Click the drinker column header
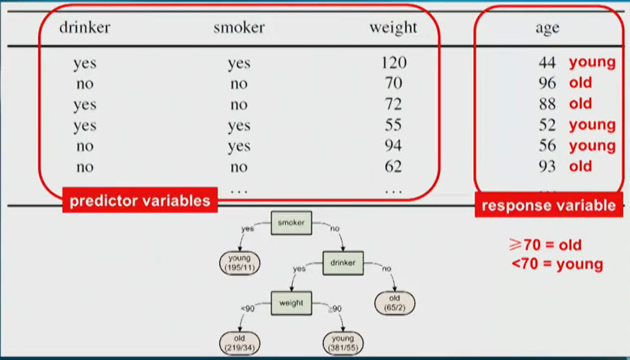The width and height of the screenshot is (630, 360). click(x=85, y=28)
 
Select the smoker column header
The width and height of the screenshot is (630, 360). click(x=239, y=28)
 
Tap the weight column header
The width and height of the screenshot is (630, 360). click(x=393, y=28)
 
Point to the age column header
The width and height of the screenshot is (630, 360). click(x=547, y=28)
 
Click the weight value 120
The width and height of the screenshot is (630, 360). click(x=393, y=62)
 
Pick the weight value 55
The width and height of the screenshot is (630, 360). click(x=393, y=126)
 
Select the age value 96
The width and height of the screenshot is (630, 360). click(x=547, y=83)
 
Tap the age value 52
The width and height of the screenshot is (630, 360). click(x=547, y=126)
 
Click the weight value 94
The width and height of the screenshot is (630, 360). click(x=393, y=146)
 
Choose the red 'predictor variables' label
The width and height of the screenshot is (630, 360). click(x=140, y=201)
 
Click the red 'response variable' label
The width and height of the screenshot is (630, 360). click(x=548, y=205)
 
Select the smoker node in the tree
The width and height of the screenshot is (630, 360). click(x=291, y=223)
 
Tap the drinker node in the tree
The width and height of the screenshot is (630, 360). click(x=343, y=263)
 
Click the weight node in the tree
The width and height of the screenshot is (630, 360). click(x=291, y=303)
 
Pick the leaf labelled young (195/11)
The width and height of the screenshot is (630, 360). click(x=239, y=262)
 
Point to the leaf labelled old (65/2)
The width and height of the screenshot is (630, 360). click(x=394, y=302)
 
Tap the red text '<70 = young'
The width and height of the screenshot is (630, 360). click(x=557, y=264)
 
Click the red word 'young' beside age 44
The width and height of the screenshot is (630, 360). click(x=592, y=62)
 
